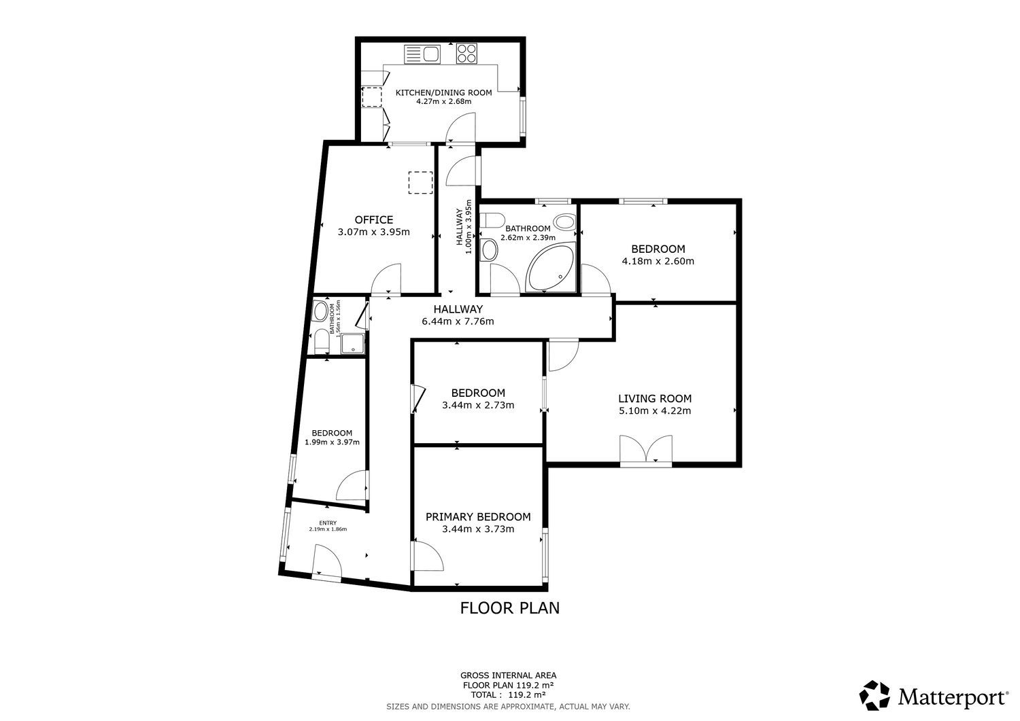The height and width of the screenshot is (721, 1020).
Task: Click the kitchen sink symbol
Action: [x=422, y=54]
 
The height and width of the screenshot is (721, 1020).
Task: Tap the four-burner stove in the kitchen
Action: [x=466, y=53]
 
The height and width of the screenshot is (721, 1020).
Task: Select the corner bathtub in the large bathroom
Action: [x=551, y=267]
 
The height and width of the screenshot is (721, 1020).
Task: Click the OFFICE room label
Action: [x=374, y=220]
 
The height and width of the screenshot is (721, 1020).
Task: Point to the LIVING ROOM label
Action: [x=655, y=399]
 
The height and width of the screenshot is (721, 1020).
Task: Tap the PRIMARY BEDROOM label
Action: [x=478, y=517]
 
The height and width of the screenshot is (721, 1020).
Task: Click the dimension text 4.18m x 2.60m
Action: [x=658, y=261]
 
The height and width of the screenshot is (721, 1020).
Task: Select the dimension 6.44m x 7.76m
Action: [x=458, y=321]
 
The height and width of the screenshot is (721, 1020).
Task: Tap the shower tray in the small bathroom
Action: [x=354, y=344]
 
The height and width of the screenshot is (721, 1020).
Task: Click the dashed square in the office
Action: [x=420, y=183]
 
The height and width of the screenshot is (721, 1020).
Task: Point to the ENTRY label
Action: [x=328, y=523]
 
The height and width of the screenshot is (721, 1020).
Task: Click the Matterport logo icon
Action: [x=874, y=695]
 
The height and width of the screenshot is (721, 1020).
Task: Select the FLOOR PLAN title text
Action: [x=509, y=608]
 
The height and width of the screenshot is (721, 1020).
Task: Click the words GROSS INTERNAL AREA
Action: [x=508, y=675]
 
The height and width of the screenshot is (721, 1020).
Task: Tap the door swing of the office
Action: [x=386, y=279]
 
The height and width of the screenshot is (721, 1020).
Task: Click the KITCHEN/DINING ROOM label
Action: [x=443, y=93]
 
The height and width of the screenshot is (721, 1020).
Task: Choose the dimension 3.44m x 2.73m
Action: [x=478, y=405]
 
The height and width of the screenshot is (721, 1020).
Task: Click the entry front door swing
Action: [x=327, y=562]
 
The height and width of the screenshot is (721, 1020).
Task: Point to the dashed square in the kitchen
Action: [x=371, y=97]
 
